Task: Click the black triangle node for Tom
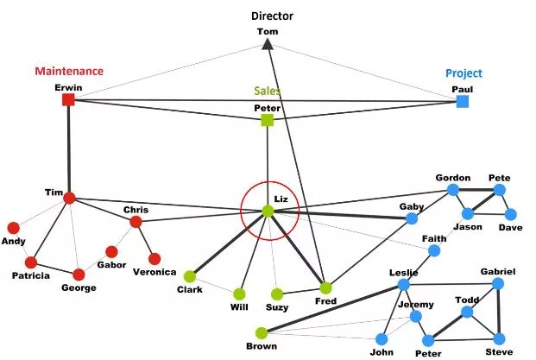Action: [x=268, y=44]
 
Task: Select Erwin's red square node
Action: [x=68, y=100]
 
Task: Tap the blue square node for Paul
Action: [x=463, y=102]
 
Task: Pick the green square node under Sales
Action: [x=268, y=120]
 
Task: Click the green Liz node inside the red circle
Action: [x=268, y=212]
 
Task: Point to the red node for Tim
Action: [x=69, y=198]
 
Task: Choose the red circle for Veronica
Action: [x=154, y=259]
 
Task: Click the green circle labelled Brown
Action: [x=262, y=333]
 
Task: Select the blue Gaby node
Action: [x=412, y=218]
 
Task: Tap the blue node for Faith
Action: [x=434, y=251]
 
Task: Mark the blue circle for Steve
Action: [x=499, y=339]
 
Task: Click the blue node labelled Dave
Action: [x=510, y=215]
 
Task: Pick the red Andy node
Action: [x=13, y=228]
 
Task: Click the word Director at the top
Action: [x=272, y=16]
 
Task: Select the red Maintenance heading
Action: [x=69, y=71]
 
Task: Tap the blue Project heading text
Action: [x=463, y=73]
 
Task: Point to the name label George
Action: [x=79, y=287]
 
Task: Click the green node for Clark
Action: [x=190, y=276]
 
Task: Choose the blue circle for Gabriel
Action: [x=498, y=284]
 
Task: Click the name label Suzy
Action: [x=277, y=307]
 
